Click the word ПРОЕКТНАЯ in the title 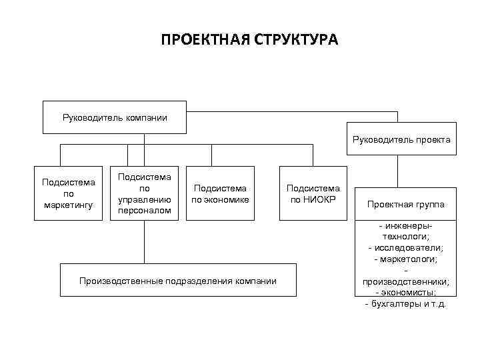tap(204, 41)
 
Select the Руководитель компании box tap(115, 118)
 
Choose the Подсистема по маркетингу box tap(69, 193)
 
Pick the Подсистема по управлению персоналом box tap(144, 194)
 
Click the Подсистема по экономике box tap(220, 194)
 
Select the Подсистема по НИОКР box tap(313, 194)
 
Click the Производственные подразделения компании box tap(177, 281)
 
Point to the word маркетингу tap(69, 204)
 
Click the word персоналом tap(144, 211)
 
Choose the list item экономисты tap(408, 293)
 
